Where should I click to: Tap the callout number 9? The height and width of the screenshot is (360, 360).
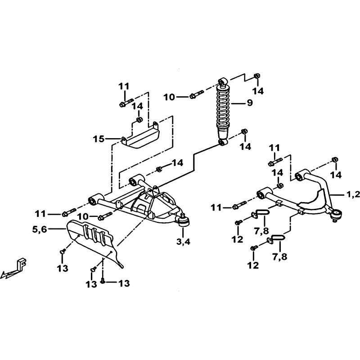[x=250, y=103]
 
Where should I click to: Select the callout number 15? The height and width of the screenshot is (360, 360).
[x=99, y=139]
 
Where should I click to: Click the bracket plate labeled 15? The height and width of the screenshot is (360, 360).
[x=140, y=136]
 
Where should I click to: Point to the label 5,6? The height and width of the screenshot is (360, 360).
[x=39, y=229]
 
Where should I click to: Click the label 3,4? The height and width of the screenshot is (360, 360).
[x=183, y=241]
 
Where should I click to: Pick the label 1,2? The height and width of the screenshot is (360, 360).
[x=353, y=194]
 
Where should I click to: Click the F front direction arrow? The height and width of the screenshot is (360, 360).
[x=14, y=268]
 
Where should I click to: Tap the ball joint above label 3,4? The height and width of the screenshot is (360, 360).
[x=184, y=220]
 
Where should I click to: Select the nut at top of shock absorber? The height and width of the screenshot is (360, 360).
[x=256, y=76]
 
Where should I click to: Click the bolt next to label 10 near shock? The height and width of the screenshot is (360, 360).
[x=197, y=94]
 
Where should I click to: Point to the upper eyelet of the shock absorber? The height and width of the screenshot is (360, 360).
[x=223, y=81]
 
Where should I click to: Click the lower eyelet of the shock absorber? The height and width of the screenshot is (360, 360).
[x=223, y=142]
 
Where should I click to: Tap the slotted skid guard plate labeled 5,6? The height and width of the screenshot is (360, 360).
[x=94, y=241]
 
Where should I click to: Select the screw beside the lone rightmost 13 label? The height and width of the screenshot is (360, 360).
[x=103, y=280]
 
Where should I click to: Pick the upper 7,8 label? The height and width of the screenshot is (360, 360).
[x=261, y=230]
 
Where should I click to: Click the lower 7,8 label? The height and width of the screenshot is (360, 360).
[x=280, y=256]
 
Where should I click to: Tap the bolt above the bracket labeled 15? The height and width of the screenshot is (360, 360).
[x=126, y=103]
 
